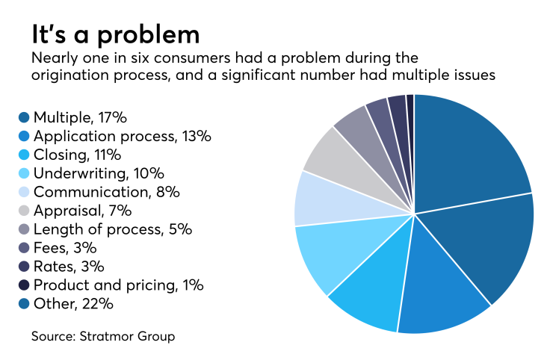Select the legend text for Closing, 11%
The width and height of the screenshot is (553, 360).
click(x=77, y=155)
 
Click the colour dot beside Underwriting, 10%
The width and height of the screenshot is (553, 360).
click(x=24, y=174)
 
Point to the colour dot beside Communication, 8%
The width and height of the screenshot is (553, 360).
click(x=24, y=193)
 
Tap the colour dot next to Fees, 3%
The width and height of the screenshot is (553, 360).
click(x=24, y=248)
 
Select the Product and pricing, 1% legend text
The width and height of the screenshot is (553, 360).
click(x=118, y=285)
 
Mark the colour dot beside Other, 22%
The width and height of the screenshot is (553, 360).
click(x=24, y=303)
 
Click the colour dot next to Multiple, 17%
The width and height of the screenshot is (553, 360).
click(x=24, y=118)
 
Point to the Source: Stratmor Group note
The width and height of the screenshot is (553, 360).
click(x=103, y=337)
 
